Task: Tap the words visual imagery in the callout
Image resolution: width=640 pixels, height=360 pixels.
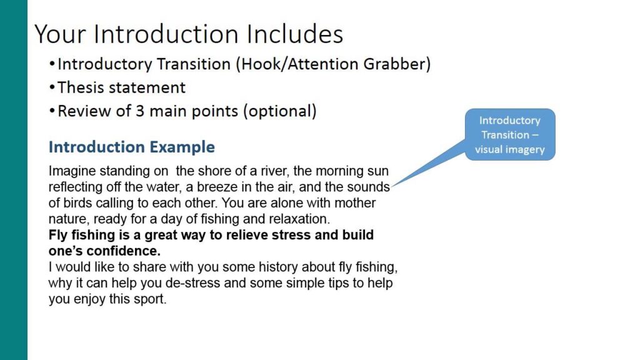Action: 509,149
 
